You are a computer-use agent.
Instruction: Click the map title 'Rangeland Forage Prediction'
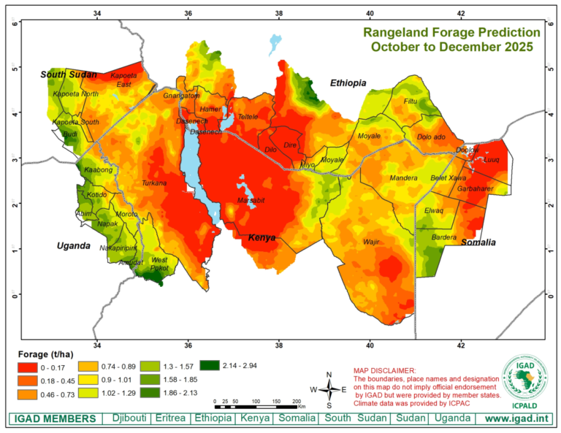tap(452, 33)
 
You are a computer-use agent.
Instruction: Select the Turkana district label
tap(154, 183)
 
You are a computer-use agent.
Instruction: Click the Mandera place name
tap(403, 178)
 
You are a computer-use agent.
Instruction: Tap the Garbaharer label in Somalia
tap(474, 188)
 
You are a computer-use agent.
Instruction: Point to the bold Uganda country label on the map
tap(73, 245)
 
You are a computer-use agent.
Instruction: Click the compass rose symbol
tap(329, 390)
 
